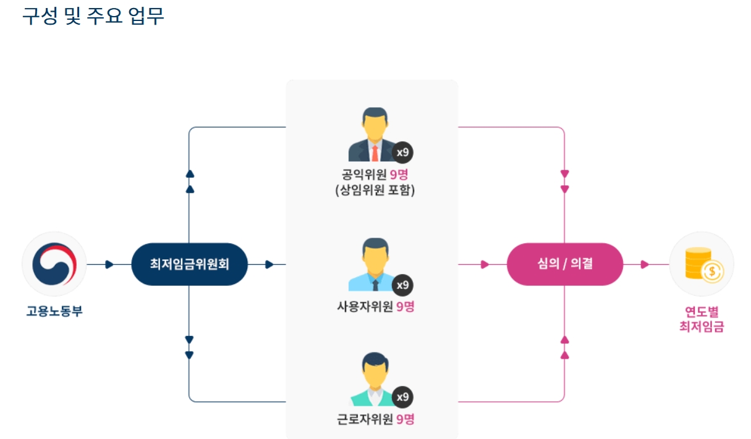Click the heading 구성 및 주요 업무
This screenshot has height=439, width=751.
click(x=93, y=16)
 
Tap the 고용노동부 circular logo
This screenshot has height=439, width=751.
click(x=54, y=264)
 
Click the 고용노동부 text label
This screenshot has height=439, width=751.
click(x=54, y=311)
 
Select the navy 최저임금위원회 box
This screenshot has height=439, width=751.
click(x=189, y=264)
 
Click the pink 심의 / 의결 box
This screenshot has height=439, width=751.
click(x=564, y=264)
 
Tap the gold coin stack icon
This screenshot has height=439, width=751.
click(x=702, y=264)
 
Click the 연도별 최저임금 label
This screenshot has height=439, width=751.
click(x=702, y=319)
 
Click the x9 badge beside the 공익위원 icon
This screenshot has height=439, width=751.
click(x=402, y=152)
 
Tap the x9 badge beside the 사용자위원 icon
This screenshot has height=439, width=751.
click(x=402, y=285)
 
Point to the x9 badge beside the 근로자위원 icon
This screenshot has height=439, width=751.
click(x=402, y=397)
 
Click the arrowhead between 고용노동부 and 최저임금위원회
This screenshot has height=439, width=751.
click(x=109, y=265)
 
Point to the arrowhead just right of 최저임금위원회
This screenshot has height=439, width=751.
click(x=269, y=265)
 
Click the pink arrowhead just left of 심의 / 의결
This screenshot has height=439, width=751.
click(x=485, y=265)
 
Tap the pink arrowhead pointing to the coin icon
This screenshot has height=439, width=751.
click(x=644, y=265)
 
